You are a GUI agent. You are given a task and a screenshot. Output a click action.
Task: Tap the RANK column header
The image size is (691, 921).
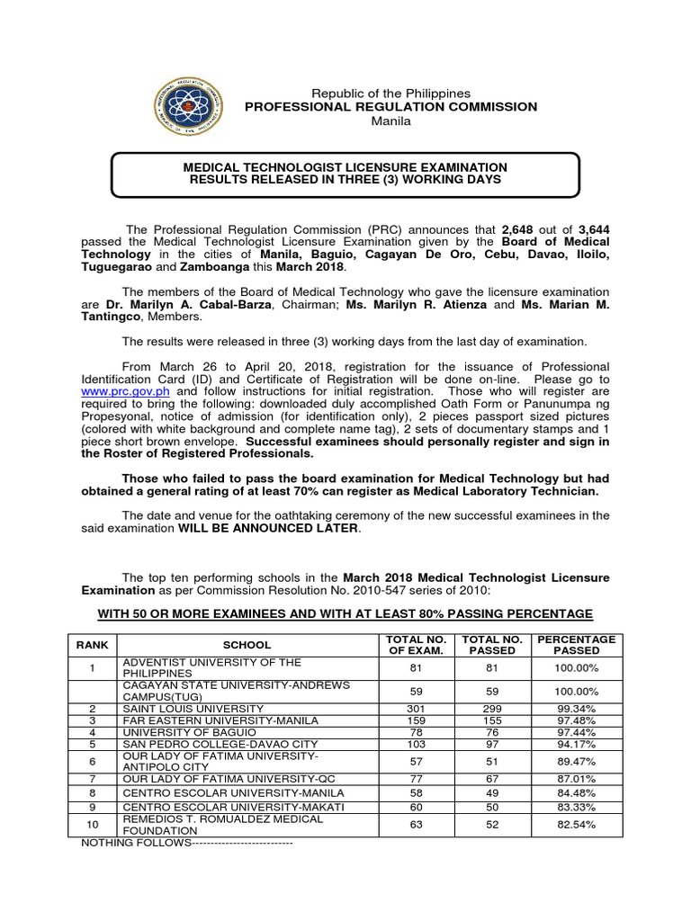(x=92, y=645)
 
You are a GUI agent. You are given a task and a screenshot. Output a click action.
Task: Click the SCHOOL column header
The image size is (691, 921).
(x=247, y=645)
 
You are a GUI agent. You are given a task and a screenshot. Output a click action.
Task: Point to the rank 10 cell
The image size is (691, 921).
(x=92, y=824)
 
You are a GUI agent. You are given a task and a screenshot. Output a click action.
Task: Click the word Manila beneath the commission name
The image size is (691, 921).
(x=390, y=121)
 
